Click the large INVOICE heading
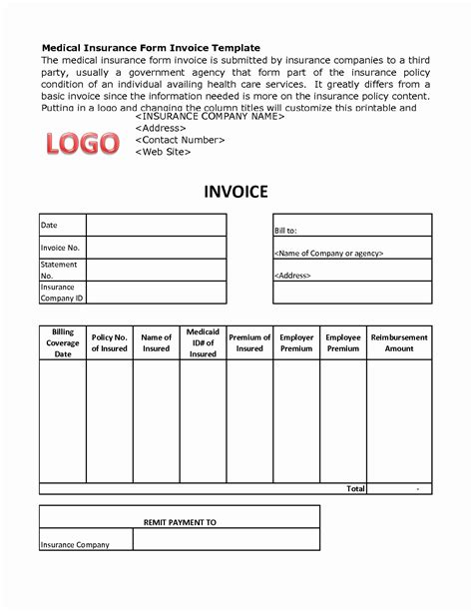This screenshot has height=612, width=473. [236, 191]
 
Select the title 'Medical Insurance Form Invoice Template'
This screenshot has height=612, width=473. [151, 48]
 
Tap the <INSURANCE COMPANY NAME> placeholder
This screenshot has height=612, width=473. [210, 117]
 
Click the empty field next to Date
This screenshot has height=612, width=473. [156, 225]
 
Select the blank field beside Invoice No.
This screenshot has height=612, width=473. [156, 248]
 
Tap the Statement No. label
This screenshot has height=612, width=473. [59, 270]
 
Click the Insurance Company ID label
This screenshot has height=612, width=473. [61, 293]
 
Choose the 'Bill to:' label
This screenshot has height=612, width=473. [286, 231]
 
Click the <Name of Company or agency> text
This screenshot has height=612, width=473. [328, 254]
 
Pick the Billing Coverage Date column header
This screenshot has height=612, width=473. [63, 342]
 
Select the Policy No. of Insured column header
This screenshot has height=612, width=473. [110, 342]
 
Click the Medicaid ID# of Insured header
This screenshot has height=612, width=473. [203, 342]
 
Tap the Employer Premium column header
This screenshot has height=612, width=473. [296, 342]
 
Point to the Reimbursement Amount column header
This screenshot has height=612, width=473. [399, 342]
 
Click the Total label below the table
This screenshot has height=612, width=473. [354, 488]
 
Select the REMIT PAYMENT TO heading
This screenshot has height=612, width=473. [181, 522]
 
